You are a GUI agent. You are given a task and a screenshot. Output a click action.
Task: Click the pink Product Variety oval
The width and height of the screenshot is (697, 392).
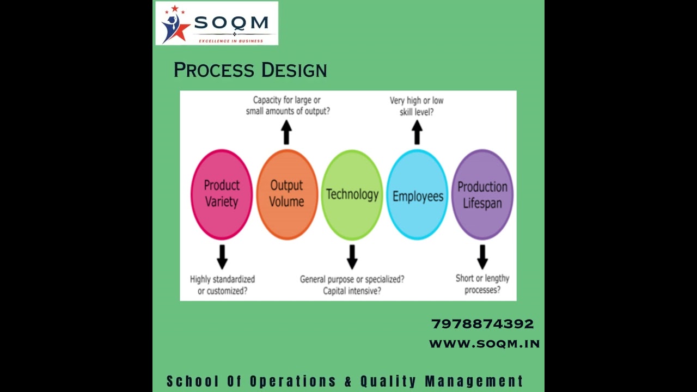[x=222, y=194]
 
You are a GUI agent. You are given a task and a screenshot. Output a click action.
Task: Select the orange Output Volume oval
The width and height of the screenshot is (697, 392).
[x=286, y=194]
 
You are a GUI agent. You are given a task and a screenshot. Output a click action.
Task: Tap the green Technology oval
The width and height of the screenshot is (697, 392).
[x=352, y=194]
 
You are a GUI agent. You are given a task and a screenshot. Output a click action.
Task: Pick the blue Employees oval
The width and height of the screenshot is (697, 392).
[x=417, y=194]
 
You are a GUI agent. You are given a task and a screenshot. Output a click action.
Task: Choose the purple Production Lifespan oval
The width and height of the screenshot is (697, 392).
[x=482, y=194]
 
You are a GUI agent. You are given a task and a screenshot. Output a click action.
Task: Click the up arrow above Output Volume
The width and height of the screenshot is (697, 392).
[x=286, y=132]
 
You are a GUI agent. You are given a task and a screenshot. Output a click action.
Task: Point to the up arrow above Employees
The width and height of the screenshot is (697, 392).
[x=417, y=132]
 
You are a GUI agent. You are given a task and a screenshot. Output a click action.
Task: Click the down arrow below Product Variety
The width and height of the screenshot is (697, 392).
[x=222, y=256]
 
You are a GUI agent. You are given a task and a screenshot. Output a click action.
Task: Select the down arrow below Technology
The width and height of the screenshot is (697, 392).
[x=352, y=256]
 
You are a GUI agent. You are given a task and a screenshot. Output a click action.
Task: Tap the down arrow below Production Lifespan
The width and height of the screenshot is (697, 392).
[x=482, y=256]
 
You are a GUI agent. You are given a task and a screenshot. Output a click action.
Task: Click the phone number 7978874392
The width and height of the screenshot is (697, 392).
[x=482, y=324]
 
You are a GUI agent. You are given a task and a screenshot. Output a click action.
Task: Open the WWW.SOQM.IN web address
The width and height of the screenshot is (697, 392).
[x=484, y=344]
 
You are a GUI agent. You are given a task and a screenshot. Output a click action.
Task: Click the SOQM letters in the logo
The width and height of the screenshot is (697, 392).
[x=231, y=23]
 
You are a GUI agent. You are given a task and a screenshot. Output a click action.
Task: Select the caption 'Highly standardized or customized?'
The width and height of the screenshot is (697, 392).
[x=222, y=285]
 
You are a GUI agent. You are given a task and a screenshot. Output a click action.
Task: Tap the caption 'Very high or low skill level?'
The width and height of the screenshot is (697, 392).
[x=417, y=106]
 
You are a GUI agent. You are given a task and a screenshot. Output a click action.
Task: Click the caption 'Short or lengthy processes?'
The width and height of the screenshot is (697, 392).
[x=482, y=284]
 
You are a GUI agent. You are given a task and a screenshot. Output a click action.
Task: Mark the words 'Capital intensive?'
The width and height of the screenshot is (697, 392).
[x=352, y=291]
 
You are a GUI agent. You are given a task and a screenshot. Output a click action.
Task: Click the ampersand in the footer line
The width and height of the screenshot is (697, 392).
[x=348, y=381]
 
